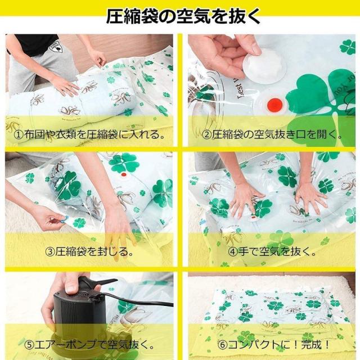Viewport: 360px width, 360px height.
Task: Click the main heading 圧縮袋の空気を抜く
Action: point(183,16)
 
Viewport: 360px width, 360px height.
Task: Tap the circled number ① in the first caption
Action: point(19,134)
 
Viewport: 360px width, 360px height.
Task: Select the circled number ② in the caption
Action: point(206,134)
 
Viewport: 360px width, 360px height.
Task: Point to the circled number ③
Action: point(49,252)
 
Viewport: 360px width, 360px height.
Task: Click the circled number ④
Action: point(232,252)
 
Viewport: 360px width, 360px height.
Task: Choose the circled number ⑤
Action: point(30,344)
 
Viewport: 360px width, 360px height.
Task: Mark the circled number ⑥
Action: point(222,344)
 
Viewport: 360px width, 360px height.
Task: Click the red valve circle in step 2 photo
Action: point(274,104)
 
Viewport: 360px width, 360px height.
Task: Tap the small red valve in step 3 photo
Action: point(124,174)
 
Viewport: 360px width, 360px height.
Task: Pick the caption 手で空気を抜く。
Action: point(277,252)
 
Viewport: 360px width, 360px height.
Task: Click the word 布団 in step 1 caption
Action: point(34,134)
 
